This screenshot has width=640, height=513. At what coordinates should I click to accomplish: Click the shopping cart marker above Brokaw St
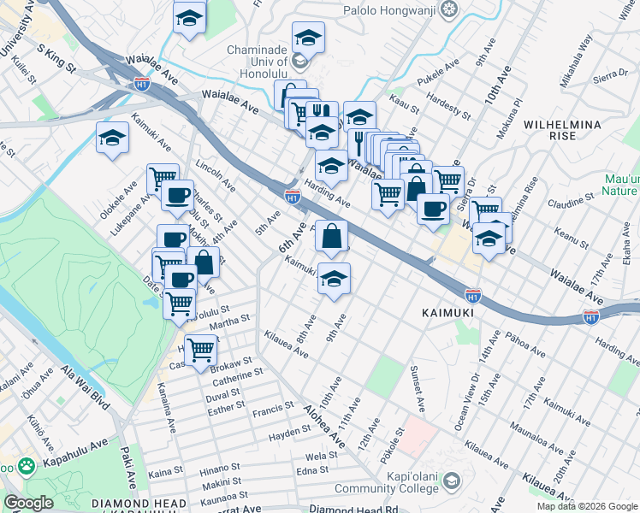point(200,348)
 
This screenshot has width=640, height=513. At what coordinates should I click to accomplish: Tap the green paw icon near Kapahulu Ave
point(27,466)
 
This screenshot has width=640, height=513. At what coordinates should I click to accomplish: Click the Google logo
point(28,503)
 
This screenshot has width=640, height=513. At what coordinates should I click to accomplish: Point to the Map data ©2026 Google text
point(586,506)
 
